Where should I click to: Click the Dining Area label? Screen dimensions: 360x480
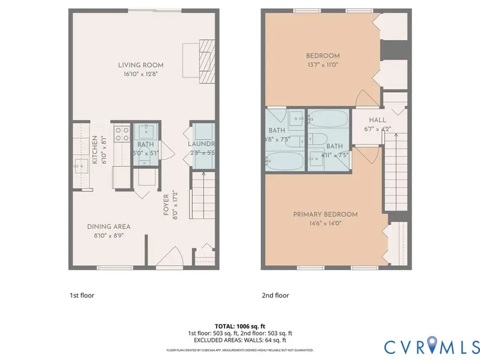click(109, 226)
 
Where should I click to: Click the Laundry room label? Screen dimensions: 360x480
click(201, 144)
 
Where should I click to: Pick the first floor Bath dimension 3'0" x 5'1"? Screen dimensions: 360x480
click(145, 153)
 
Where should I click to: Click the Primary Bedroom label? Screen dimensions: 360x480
click(325, 214)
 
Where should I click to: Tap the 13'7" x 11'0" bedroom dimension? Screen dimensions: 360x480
click(323, 65)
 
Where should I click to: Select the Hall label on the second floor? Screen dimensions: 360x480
click(378, 120)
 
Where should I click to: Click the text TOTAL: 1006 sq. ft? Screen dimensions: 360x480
click(239, 325)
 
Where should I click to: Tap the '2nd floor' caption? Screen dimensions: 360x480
click(275, 295)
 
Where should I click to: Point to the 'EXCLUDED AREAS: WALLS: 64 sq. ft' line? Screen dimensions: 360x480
click(239, 340)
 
